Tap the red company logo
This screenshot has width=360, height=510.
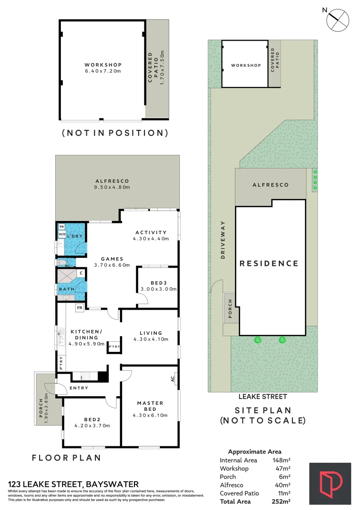[x=330, y=483]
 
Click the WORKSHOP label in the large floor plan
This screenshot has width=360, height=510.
[x=103, y=65]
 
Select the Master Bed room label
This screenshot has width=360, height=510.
[x=150, y=406]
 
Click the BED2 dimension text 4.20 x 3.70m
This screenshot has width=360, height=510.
[x=92, y=425]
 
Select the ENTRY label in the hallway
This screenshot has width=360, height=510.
[x=78, y=388]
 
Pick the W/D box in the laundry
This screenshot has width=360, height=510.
[x=62, y=234]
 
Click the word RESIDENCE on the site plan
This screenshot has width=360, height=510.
[x=269, y=263]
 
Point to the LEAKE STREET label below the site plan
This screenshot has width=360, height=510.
[x=262, y=397]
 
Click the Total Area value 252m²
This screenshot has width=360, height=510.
[x=281, y=501]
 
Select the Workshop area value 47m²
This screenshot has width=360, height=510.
[x=283, y=468]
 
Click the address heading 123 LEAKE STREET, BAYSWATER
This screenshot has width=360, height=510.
[x=74, y=484]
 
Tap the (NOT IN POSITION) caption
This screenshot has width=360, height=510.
[x=115, y=133]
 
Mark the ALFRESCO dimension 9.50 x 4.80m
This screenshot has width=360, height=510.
[x=112, y=187]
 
